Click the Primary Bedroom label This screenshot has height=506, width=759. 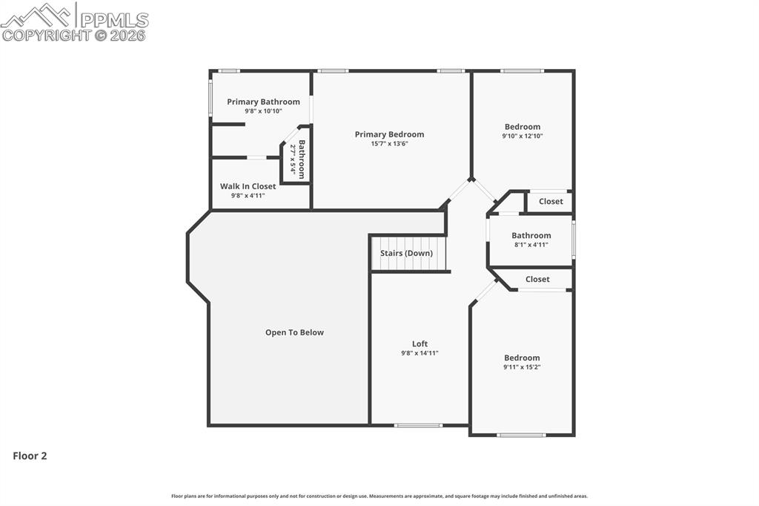tap(389, 134)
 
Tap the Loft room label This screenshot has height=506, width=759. tap(420, 344)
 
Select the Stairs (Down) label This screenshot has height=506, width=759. tap(406, 253)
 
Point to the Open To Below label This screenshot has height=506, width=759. tap(294, 332)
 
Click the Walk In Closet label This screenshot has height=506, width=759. tap(248, 186)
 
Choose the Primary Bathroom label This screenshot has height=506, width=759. tap(263, 102)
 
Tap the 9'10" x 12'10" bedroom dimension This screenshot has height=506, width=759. tap(523, 136)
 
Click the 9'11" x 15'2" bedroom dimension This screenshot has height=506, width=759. tap(522, 367)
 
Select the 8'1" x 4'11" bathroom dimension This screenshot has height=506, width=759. tap(531, 244)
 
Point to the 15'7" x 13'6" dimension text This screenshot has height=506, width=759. tap(389, 143)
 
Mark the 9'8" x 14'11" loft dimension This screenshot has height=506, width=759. tap(420, 353)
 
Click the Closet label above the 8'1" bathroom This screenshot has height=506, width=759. tap(551, 201)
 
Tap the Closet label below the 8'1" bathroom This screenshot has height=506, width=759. tap(537, 279)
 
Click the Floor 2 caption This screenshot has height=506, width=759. tap(30, 456)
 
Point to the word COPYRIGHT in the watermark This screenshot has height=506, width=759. tap(46, 34)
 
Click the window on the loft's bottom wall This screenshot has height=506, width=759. tap(418, 425)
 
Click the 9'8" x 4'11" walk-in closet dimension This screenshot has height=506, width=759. tap(248, 195)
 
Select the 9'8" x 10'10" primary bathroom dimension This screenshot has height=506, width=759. tap(263, 111)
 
